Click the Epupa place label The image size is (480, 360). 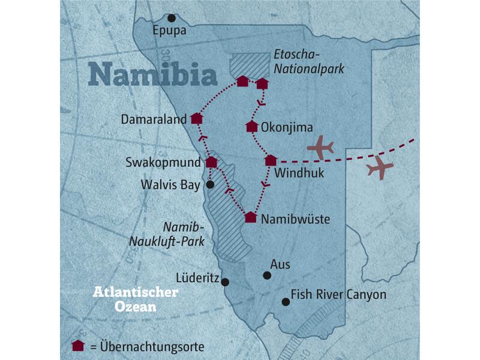pyautogui.click(x=170, y=31)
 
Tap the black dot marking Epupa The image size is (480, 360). pyautogui.click(x=172, y=18)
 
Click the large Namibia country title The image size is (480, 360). pyautogui.click(x=152, y=75)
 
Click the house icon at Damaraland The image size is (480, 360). pyautogui.click(x=196, y=118)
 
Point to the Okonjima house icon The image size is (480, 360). pyautogui.click(x=252, y=126)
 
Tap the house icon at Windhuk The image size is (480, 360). pyautogui.click(x=271, y=160)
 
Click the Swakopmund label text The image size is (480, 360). pyautogui.click(x=163, y=163)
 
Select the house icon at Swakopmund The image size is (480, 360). pyautogui.click(x=211, y=161)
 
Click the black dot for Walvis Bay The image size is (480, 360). pyautogui.click(x=209, y=185)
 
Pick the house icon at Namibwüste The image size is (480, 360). pyautogui.click(x=251, y=217)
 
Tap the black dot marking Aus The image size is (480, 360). pyautogui.click(x=267, y=275)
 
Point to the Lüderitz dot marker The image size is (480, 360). pyautogui.click(x=225, y=282)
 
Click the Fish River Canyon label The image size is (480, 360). pyautogui.click(x=338, y=295)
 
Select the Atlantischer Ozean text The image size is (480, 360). pyautogui.click(x=135, y=299)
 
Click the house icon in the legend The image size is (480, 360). pyautogui.click(x=76, y=346)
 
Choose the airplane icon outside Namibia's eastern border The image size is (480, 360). pyautogui.click(x=379, y=169)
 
